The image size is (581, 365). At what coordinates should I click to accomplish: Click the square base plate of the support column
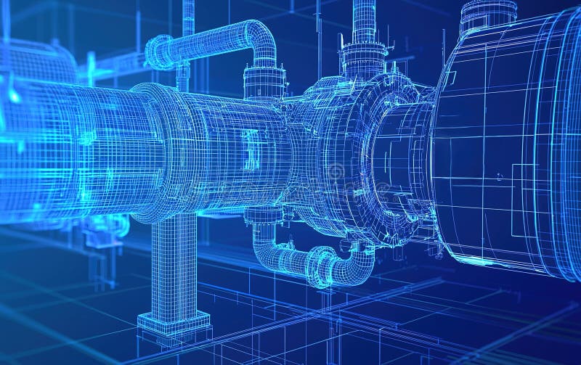(174, 323)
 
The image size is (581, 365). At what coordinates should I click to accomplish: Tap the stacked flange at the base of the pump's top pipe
(364, 58)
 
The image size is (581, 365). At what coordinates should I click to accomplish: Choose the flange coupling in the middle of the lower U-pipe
(320, 266)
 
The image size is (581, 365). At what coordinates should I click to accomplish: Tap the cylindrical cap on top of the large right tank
(487, 15)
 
